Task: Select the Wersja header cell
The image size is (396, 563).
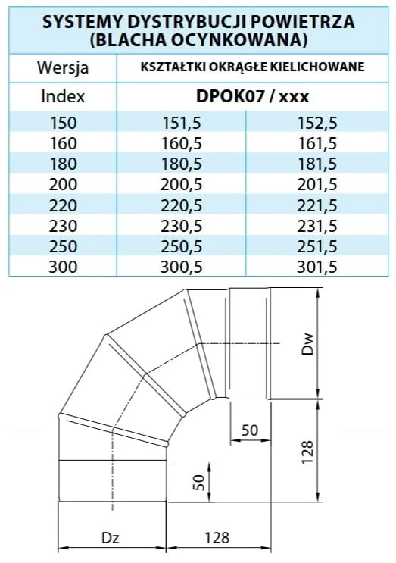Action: pos(63,67)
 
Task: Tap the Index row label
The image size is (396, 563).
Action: pos(63,96)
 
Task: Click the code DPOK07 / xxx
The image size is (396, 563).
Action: pos(252,96)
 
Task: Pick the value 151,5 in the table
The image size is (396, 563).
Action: pos(182,123)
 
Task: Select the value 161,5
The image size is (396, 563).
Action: pos(317,143)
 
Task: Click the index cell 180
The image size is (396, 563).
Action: pos(63,164)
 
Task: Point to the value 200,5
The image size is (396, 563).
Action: pos(181,185)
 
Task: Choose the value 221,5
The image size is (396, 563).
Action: pos(317,205)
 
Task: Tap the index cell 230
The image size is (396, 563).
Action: pos(63,226)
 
